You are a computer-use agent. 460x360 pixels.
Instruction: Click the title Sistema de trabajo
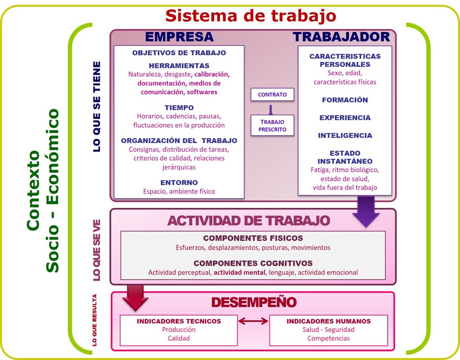251,16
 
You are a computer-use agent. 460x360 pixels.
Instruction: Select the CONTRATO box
272,95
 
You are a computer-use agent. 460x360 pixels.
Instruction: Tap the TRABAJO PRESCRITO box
272,125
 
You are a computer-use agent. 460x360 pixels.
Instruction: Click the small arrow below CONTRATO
270,110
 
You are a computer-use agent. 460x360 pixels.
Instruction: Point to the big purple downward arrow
366,211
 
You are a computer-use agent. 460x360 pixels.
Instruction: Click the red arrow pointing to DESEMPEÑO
135,297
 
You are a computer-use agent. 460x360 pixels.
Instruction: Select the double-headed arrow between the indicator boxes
253,321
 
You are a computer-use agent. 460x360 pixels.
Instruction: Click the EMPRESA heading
179,37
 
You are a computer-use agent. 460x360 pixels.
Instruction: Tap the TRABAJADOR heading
341,37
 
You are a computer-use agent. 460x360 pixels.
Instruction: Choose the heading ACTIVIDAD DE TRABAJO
249,221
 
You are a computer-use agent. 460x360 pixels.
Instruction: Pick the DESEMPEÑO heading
254,302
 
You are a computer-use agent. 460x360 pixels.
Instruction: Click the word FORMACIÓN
345,100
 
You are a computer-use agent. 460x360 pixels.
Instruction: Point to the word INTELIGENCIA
345,135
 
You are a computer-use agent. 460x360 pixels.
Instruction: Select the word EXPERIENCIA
345,118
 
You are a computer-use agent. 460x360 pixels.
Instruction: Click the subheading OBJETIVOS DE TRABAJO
179,53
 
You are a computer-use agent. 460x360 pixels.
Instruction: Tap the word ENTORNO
179,182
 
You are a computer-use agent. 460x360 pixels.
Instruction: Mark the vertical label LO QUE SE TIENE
97,107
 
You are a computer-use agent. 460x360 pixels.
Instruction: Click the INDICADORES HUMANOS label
329,321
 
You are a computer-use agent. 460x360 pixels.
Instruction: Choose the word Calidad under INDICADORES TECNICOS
179,338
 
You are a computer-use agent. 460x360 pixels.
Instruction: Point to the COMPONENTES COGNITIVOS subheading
253,263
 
